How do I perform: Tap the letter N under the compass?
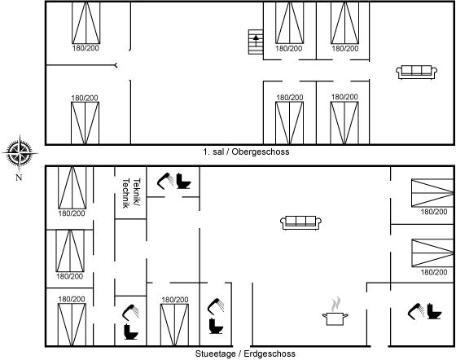(x=19, y=178)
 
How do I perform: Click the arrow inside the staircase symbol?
(x=256, y=41)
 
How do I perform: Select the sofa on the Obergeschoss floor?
(x=417, y=72)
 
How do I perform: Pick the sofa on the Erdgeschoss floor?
(x=300, y=222)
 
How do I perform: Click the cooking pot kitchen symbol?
(x=335, y=318)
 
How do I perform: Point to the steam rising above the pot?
(x=335, y=304)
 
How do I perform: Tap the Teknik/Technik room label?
(x=131, y=193)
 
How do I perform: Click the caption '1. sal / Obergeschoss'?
(x=246, y=151)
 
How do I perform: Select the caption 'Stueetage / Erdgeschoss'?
(x=245, y=353)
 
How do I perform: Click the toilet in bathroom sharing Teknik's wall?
(x=184, y=181)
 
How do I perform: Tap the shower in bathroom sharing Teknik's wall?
(x=165, y=181)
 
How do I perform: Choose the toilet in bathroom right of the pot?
(x=435, y=311)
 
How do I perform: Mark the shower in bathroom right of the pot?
(x=416, y=311)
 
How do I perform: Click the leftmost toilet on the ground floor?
(x=131, y=331)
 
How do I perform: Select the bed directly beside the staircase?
(x=289, y=23)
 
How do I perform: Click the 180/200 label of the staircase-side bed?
(x=289, y=48)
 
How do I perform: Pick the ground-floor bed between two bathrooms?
(x=174, y=325)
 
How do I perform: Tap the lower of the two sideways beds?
(x=432, y=252)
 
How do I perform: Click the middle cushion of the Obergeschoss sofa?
(x=417, y=71)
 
